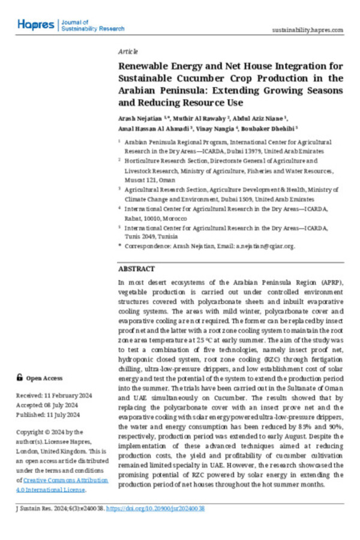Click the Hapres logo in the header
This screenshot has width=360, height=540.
point(36,25)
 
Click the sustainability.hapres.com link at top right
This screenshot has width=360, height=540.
point(308,30)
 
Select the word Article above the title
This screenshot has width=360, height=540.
point(128,51)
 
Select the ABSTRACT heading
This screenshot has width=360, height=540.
point(136,269)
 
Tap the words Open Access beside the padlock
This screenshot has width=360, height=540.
point(44,379)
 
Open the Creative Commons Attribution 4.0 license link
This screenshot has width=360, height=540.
point(62,485)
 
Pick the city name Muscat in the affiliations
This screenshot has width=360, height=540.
point(134,179)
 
